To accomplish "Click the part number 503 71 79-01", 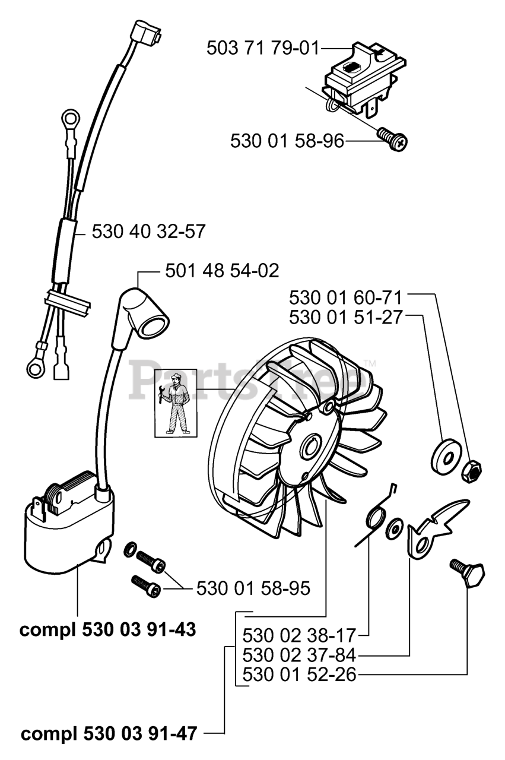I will [x=263, y=47].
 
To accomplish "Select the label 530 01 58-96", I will [x=287, y=141].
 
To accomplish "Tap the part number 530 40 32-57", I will [x=148, y=231].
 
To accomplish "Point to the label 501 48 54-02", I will [x=222, y=271].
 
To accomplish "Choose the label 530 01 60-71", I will [x=346, y=296].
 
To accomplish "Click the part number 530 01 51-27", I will [x=346, y=317].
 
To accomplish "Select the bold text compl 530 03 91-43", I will [x=107, y=629].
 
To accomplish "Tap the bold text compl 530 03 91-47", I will [x=109, y=733].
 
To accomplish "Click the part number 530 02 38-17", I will [x=299, y=636].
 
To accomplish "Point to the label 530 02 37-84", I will [x=299, y=655].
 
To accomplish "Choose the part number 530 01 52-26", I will [x=299, y=675].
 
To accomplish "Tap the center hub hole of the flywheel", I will [x=312, y=445].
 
